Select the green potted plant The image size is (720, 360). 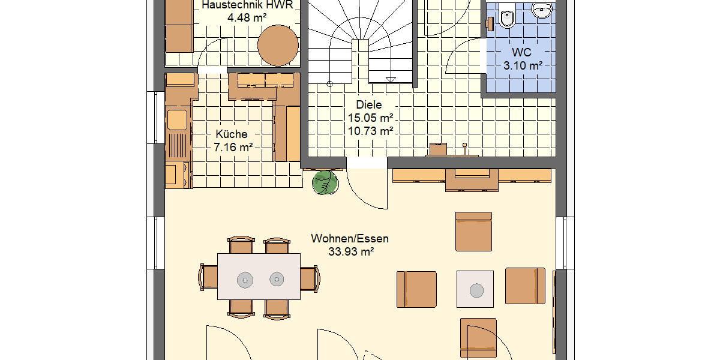(325, 183)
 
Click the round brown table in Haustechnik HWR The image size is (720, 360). (278, 44)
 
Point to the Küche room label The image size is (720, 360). (232, 134)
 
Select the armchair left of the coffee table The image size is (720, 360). (416, 289)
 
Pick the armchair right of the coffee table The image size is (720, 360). (525, 286)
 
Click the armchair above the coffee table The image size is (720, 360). (473, 231)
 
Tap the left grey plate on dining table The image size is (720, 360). (245, 279)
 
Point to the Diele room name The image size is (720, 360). (368, 105)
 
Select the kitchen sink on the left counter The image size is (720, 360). (178, 120)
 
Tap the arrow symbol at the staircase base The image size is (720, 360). (391, 79)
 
